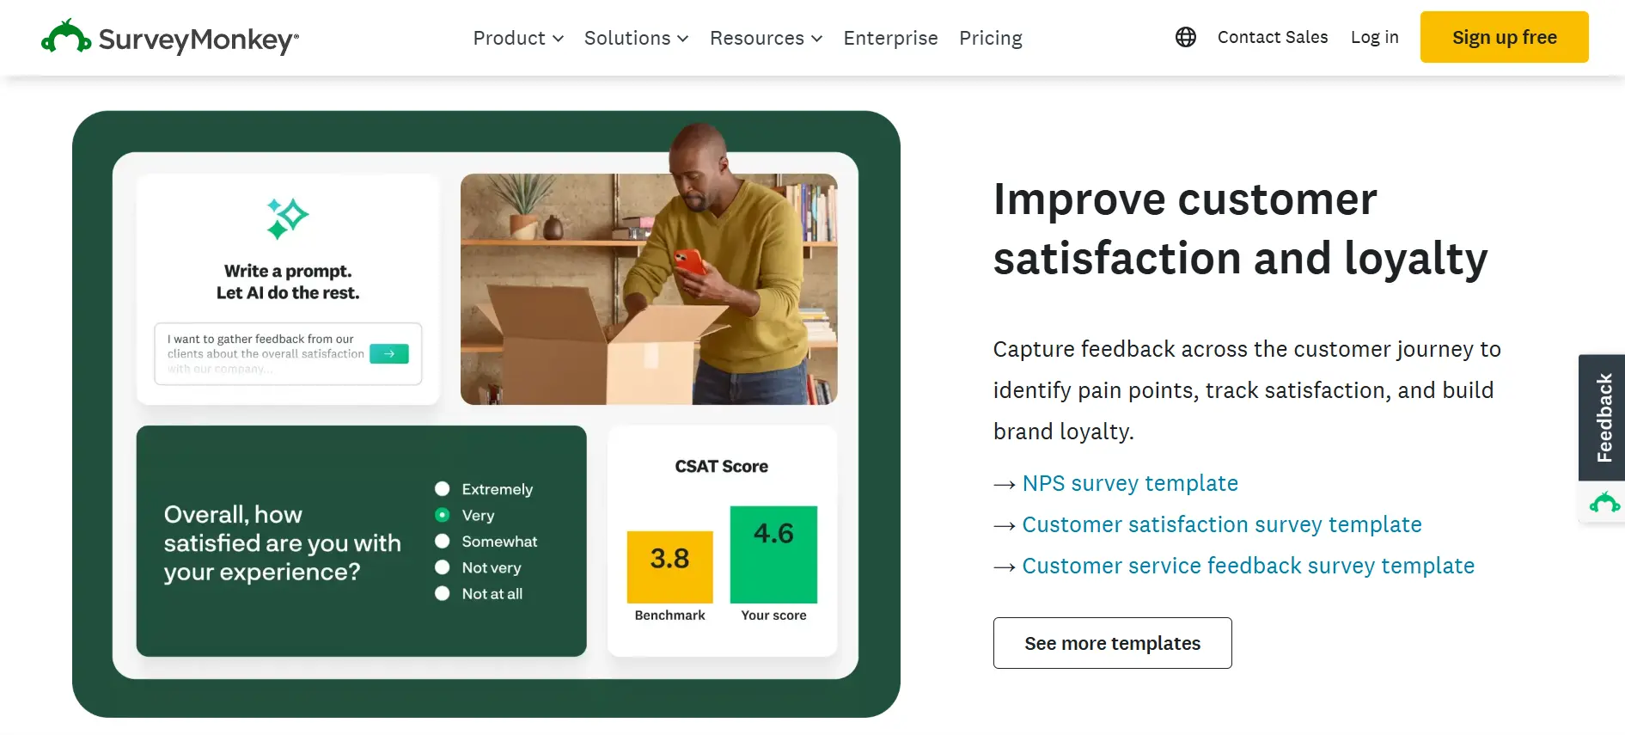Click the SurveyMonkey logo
(x=170, y=38)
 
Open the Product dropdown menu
(x=517, y=38)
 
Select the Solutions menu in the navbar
(x=636, y=38)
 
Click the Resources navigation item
(x=765, y=38)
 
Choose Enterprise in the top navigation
(x=890, y=38)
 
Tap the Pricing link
(x=990, y=38)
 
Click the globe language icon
(x=1185, y=37)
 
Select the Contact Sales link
(x=1272, y=37)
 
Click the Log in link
(x=1374, y=37)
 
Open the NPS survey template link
(x=1129, y=483)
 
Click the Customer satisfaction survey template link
(x=1221, y=524)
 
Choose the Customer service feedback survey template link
(x=1248, y=566)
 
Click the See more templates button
(x=1112, y=643)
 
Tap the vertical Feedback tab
(x=1603, y=418)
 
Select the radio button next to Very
(x=443, y=515)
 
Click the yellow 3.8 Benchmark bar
(x=669, y=567)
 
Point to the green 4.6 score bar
(x=773, y=554)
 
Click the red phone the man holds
(x=689, y=261)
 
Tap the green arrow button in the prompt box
(x=388, y=353)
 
